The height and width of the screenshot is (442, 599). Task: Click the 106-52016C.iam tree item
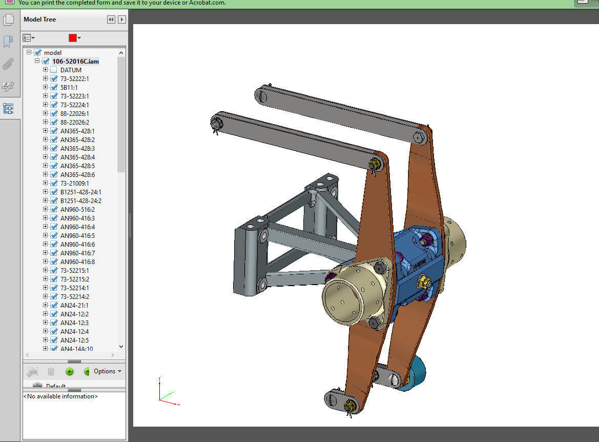coord(75,61)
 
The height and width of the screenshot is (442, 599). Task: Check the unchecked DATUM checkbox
coord(54,70)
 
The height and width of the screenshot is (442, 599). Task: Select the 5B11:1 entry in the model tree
coord(69,87)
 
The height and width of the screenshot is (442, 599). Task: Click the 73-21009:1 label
coord(74,183)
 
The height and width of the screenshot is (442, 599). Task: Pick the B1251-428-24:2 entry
coord(80,200)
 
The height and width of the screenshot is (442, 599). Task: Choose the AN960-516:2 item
coord(77,209)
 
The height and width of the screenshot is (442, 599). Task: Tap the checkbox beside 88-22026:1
coord(54,113)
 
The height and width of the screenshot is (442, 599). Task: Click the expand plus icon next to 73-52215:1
coord(45,270)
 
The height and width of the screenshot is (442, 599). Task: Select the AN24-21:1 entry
coord(74,305)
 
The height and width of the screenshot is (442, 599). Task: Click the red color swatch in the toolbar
coord(73,38)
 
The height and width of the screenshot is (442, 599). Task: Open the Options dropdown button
coord(108,371)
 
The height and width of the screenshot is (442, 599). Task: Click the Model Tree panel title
coord(39,19)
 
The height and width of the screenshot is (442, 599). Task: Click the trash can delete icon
coord(51,371)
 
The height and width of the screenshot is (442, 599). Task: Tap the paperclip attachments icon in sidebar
coord(8,64)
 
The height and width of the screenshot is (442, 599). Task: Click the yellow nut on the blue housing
coord(424,281)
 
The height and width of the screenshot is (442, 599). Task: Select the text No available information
coord(60,396)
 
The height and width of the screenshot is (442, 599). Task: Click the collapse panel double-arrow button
coord(111,19)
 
